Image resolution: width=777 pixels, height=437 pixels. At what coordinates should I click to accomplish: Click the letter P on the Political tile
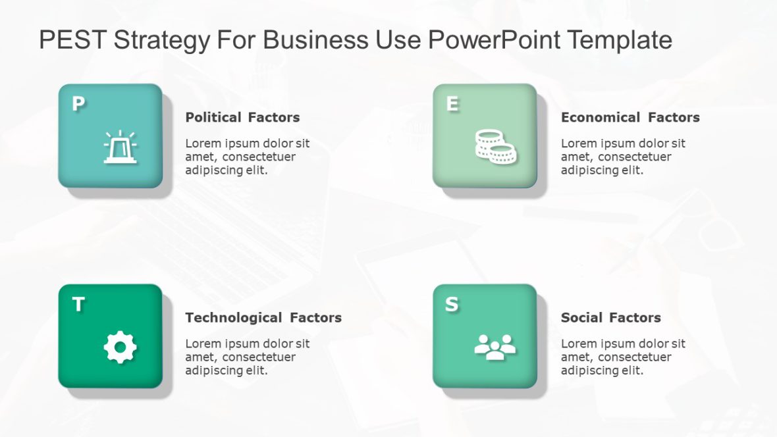[78, 104]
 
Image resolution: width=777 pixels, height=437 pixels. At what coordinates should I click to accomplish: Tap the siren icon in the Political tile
[120, 147]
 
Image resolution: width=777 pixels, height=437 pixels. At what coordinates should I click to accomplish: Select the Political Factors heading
[242, 117]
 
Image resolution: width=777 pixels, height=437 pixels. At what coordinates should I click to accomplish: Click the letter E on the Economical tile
[452, 104]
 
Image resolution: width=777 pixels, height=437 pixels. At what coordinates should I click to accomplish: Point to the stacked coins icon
[495, 147]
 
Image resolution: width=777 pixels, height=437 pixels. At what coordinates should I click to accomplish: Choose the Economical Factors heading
[630, 117]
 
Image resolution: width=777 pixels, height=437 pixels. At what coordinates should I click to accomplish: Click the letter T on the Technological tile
[78, 305]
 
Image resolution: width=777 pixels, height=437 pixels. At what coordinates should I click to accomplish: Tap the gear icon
[120, 347]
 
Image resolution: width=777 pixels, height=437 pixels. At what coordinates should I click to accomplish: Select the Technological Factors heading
[263, 317]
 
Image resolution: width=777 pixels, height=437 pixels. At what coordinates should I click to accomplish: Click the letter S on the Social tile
[452, 305]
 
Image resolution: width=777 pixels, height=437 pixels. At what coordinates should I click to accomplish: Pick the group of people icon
[495, 347]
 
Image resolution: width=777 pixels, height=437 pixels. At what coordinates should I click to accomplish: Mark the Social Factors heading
[610, 317]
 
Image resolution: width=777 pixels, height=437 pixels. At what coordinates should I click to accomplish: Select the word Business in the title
[316, 40]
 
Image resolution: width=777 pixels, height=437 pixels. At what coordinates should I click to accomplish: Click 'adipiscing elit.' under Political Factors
[227, 170]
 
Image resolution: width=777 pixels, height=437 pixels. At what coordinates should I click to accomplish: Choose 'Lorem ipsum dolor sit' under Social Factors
[623, 344]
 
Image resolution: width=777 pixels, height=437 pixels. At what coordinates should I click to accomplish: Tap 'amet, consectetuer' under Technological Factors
[240, 357]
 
